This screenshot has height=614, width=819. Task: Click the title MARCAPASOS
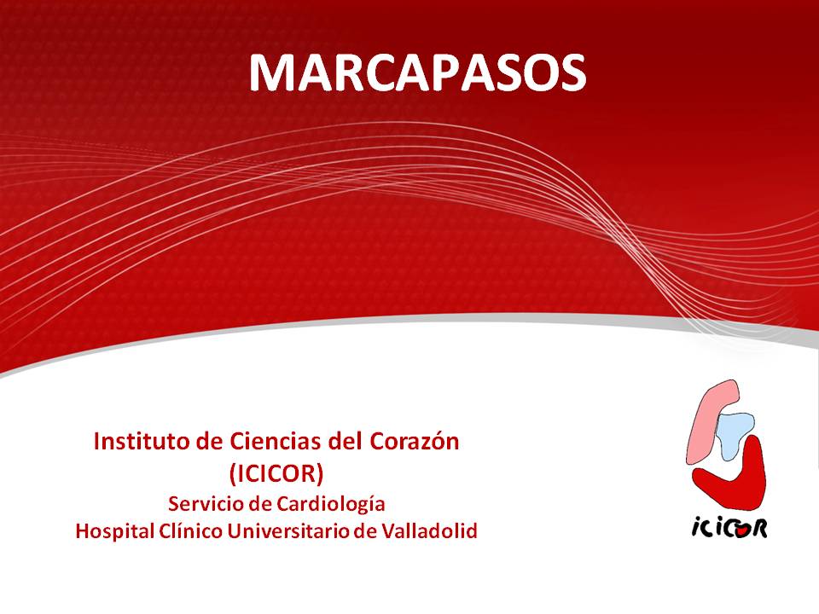coord(417,72)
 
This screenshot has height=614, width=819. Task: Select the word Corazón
coord(415,442)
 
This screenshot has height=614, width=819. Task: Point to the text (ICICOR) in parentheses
coord(276,473)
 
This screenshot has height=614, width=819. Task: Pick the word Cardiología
coord(331,505)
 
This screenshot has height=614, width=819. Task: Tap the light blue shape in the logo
coord(735,433)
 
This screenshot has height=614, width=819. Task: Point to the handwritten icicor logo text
coord(729,528)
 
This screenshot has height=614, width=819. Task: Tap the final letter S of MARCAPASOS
coord(573,73)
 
